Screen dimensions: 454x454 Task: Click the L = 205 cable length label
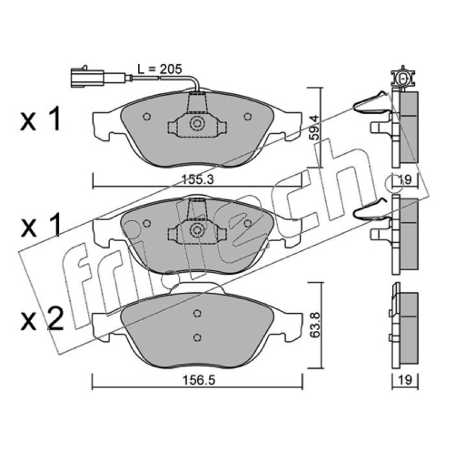click(159, 69)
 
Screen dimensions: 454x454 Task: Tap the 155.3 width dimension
click(198, 180)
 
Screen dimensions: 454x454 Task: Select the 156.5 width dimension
click(199, 380)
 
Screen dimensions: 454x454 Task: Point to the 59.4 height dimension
click(314, 128)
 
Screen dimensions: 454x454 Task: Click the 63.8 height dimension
click(315, 324)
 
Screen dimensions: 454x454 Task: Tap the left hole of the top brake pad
click(147, 117)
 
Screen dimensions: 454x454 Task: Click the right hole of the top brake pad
click(247, 117)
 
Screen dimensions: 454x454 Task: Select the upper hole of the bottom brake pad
click(197, 313)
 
